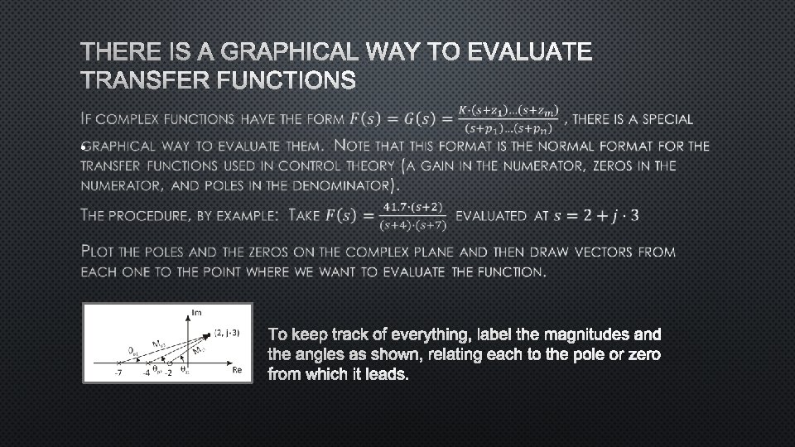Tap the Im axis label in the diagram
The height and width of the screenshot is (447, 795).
(x=196, y=313)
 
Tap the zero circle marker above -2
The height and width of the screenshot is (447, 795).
(x=169, y=362)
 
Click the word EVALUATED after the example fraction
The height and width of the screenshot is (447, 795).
(x=491, y=215)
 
